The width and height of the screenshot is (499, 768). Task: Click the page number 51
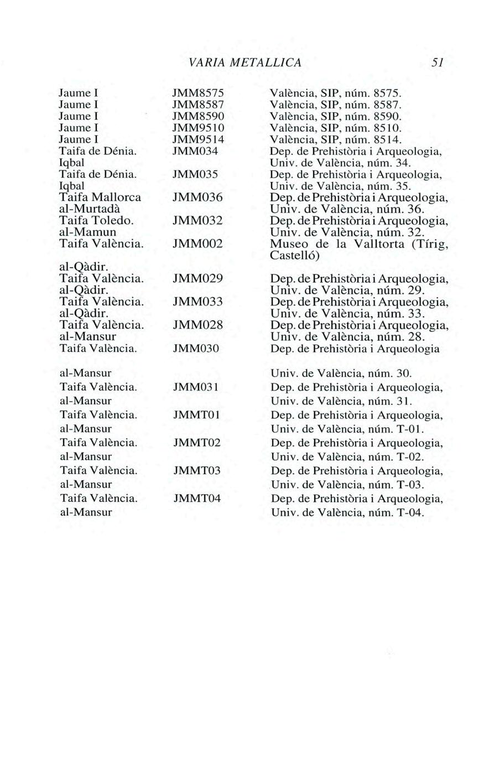(439, 62)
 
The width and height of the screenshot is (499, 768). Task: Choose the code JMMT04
(196, 499)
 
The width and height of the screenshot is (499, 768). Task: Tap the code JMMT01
(196, 414)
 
